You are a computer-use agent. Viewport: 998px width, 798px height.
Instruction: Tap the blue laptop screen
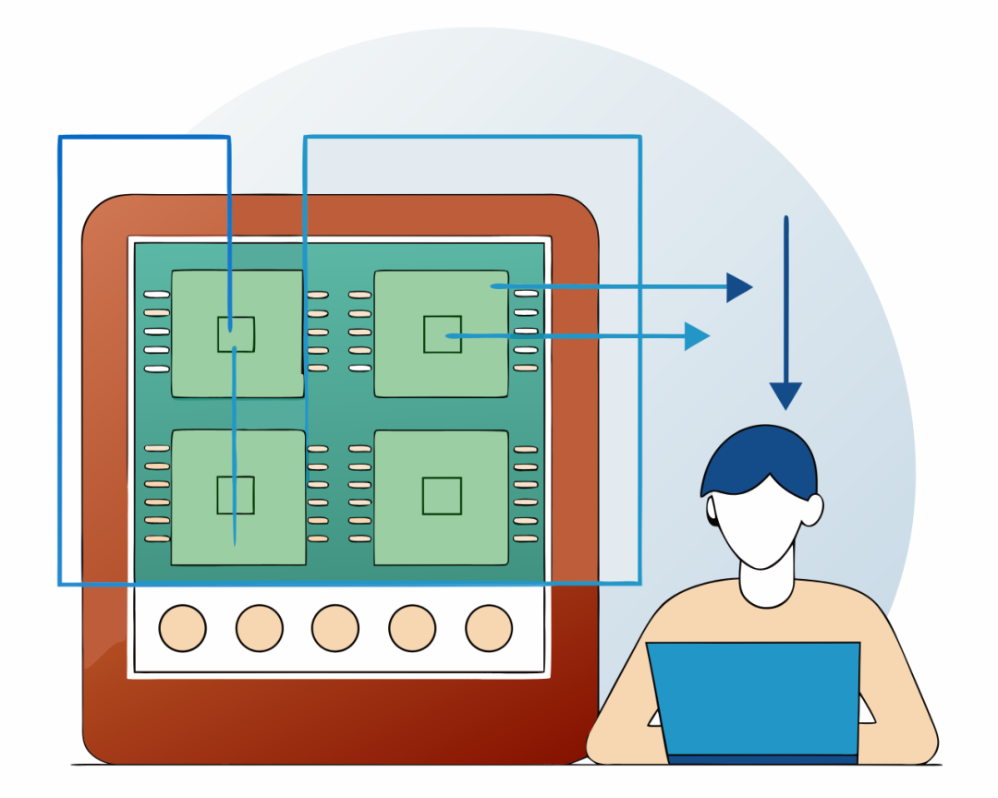pos(753,697)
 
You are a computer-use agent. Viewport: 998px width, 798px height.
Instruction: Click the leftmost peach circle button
pos(182,628)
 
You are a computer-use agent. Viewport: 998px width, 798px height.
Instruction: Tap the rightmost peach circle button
pos(489,628)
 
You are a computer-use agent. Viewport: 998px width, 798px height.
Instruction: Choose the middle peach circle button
pos(335,628)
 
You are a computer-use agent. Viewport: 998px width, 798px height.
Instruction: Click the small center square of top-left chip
pos(236,333)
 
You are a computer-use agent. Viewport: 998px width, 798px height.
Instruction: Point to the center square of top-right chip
pos(442,333)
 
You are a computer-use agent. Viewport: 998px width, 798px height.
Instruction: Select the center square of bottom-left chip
pos(236,495)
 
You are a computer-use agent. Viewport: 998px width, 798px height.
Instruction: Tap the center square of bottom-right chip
pos(442,496)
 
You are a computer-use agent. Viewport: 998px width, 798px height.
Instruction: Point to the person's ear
pos(811,510)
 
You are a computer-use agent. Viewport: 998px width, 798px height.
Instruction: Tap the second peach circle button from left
pos(259,628)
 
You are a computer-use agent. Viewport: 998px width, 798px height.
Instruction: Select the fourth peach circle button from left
pos(412,628)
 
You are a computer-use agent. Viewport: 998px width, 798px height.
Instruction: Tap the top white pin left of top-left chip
pos(157,295)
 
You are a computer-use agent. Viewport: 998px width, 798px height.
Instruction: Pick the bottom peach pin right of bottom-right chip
pos(526,538)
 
